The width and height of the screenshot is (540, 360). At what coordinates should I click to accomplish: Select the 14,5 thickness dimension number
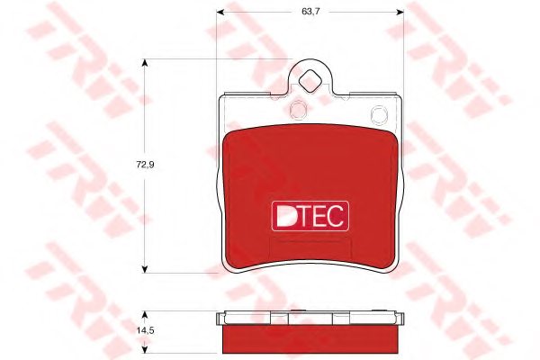[134, 329]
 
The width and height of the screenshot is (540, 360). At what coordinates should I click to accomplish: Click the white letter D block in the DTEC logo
[285, 214]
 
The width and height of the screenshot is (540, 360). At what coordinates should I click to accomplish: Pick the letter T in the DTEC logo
[305, 214]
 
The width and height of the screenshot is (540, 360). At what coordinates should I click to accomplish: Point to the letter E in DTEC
[321, 214]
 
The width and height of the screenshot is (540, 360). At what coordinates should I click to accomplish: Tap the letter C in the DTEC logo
[338, 214]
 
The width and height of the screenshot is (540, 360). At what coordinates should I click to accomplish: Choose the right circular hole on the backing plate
[379, 112]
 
